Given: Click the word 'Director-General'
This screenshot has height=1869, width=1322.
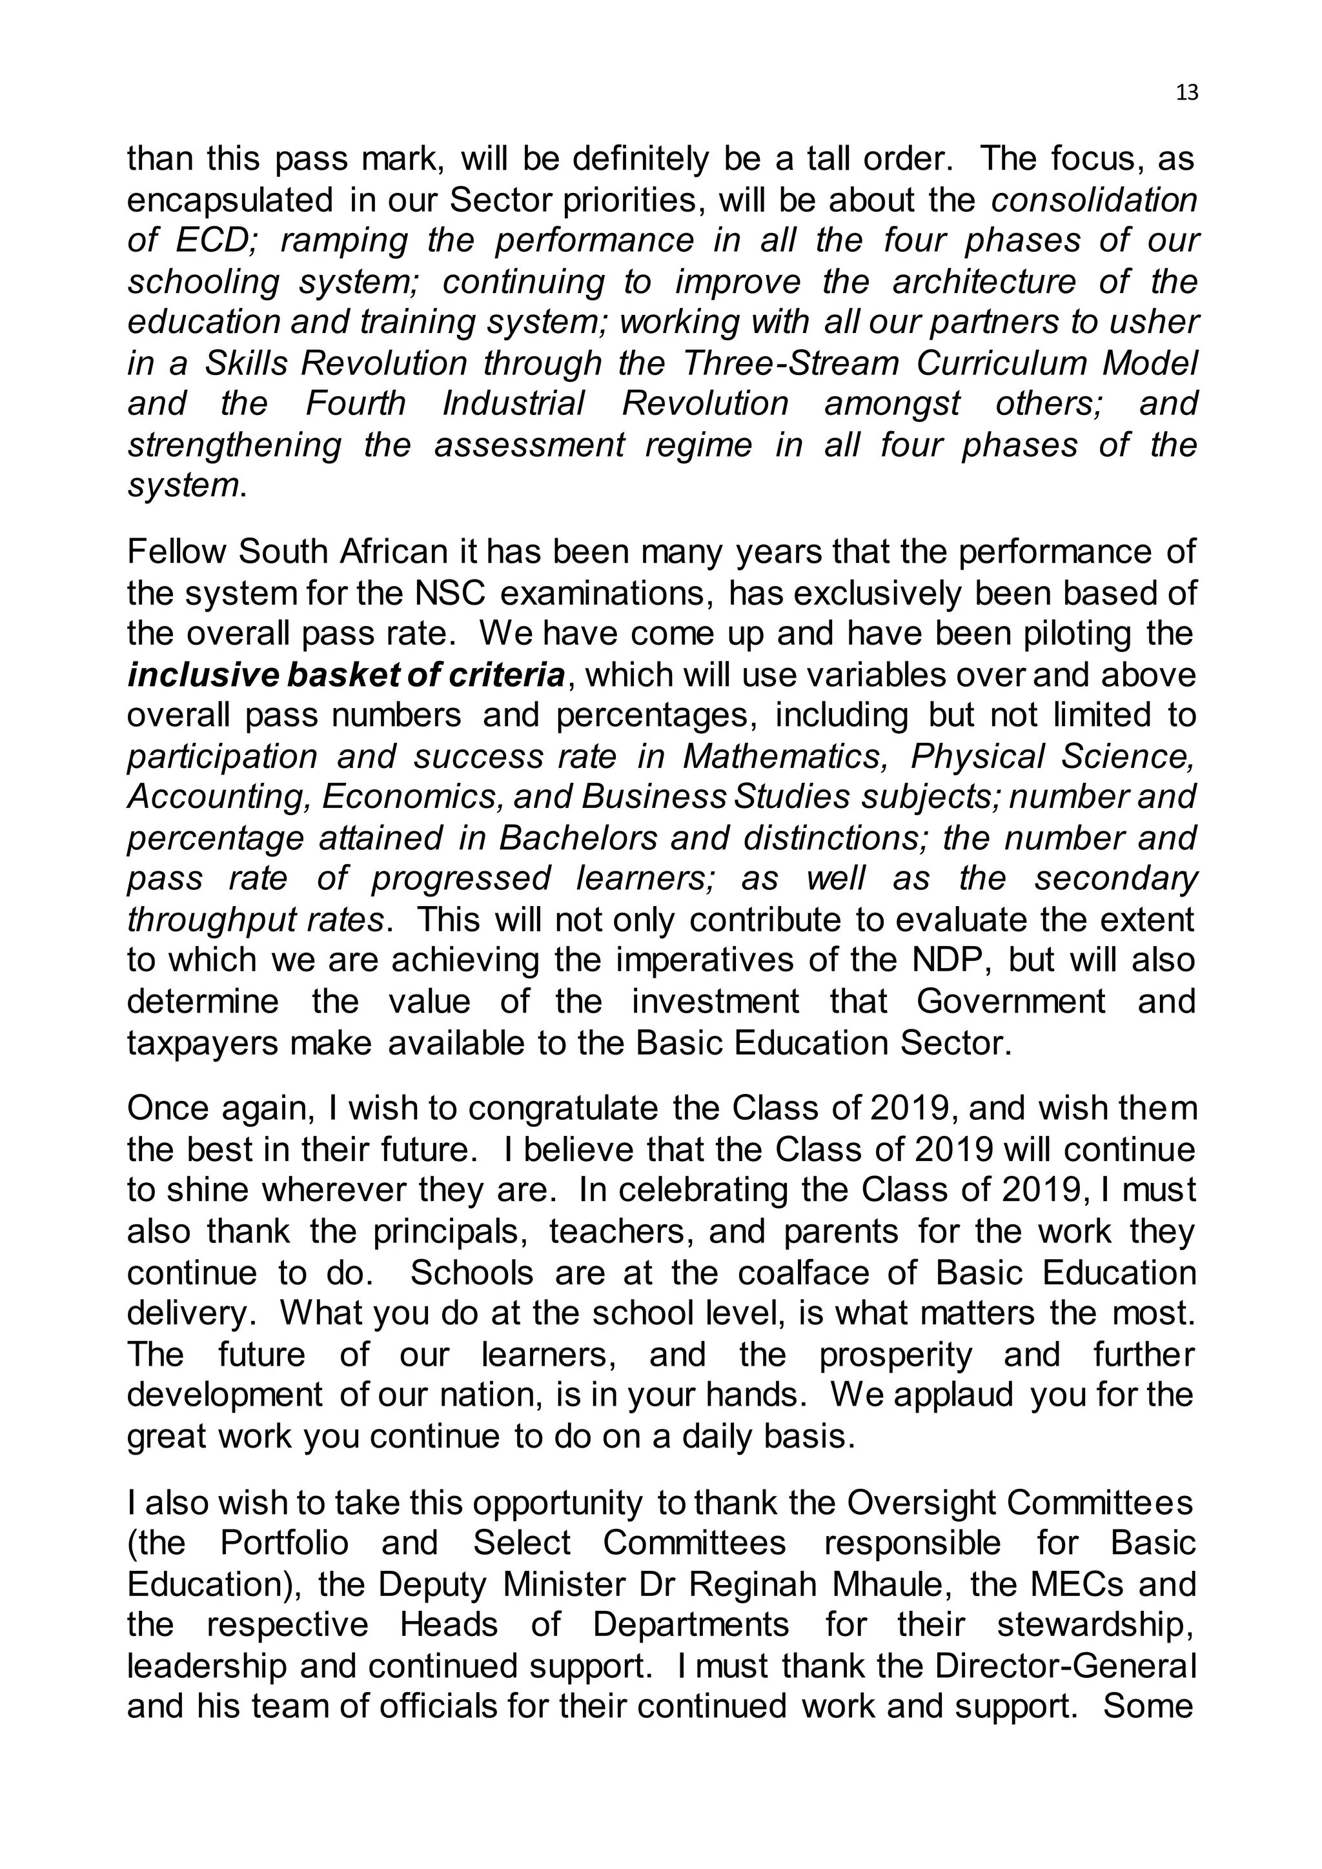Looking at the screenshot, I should point(1066,1666).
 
